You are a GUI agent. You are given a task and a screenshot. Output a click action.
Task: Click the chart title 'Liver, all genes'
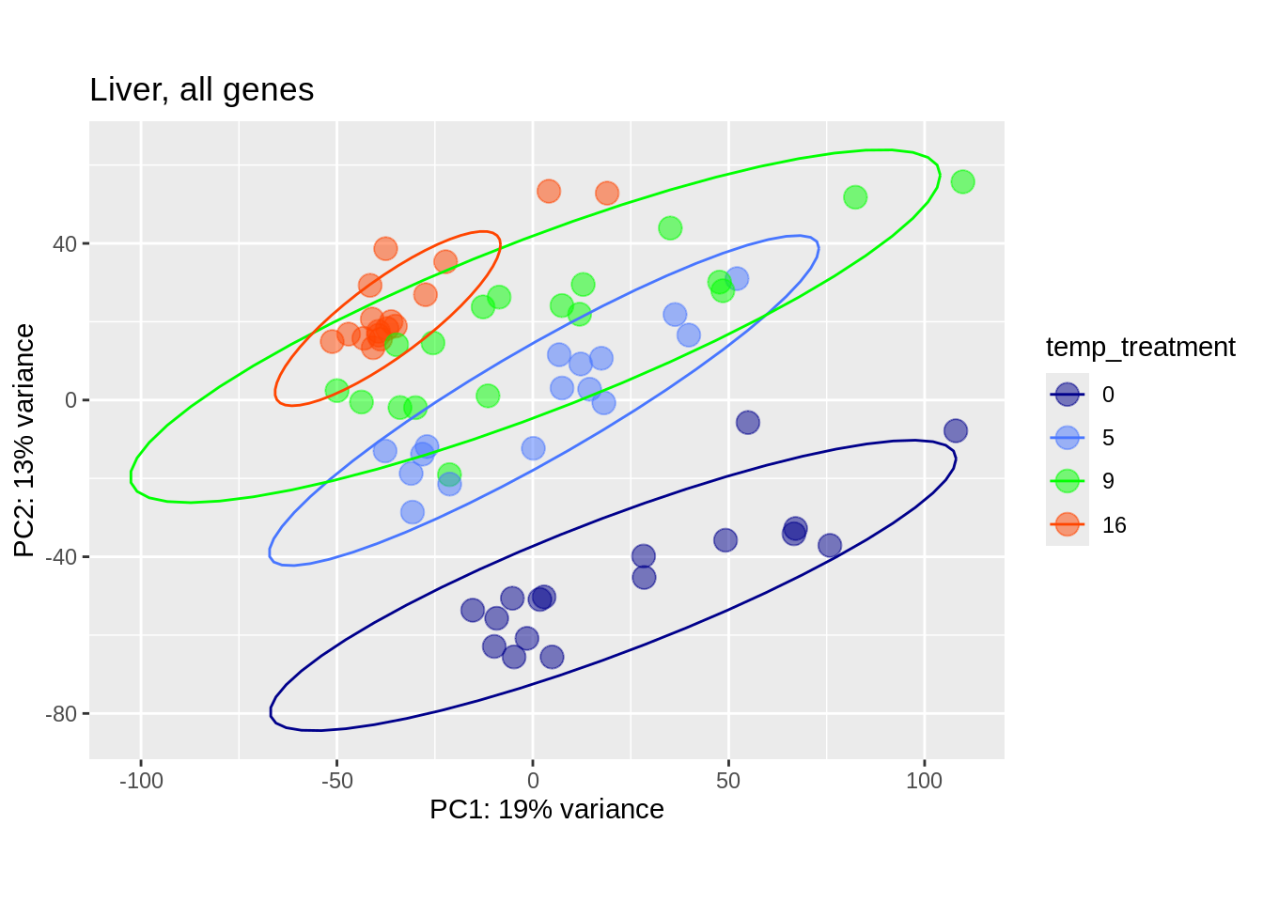201,90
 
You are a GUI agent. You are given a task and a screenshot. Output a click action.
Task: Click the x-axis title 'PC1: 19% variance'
546,809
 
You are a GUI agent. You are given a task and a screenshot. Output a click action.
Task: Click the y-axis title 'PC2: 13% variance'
24,440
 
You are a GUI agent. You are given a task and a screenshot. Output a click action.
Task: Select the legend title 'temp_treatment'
1140,348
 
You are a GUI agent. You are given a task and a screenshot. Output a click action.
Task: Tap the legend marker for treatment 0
1067,395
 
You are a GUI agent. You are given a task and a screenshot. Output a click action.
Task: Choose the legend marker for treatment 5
1067,438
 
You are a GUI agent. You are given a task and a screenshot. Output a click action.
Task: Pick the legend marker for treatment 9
1067,481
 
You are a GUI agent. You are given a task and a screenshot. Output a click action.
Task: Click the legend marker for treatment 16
1067,524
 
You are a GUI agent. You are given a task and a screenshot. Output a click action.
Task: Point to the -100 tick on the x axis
141,781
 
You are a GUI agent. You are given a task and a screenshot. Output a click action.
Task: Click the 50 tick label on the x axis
728,781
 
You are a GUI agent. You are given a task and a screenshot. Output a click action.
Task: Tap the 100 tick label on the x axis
924,781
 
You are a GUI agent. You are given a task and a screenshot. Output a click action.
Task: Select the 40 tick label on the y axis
65,244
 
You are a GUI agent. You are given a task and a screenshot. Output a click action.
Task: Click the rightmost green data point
962,182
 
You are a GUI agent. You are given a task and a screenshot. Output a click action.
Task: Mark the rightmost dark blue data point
955,431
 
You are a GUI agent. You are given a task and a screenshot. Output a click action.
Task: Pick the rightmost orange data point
607,194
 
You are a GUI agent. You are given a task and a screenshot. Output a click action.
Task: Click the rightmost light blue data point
737,279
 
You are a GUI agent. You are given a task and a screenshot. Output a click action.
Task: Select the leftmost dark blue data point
473,611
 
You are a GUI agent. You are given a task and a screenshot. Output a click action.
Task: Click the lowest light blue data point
413,512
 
